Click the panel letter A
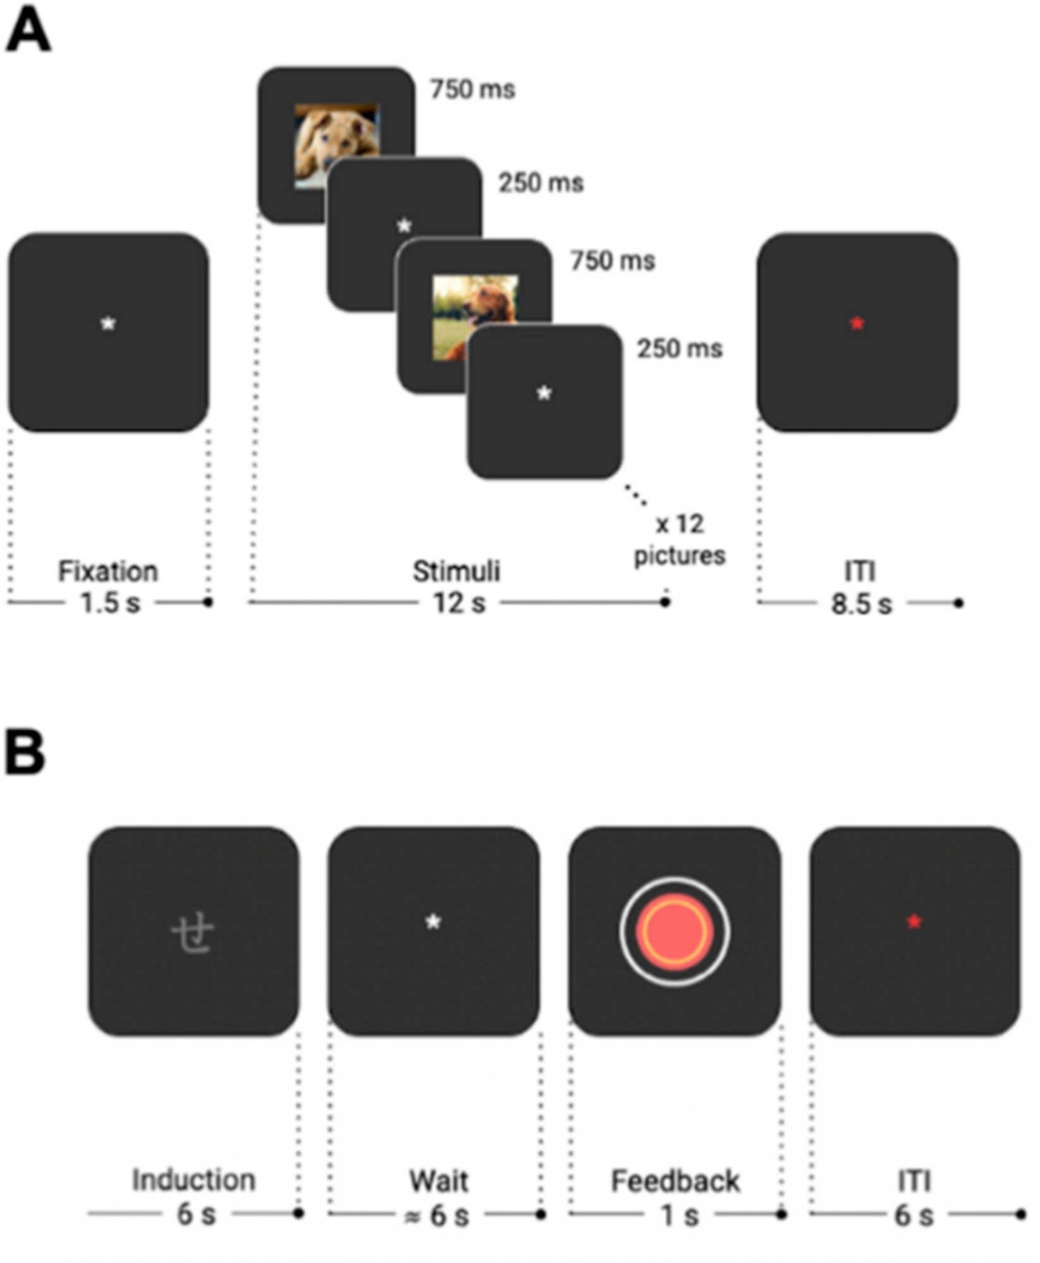tap(28, 33)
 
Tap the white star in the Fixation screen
tap(108, 324)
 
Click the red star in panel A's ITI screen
tap(857, 324)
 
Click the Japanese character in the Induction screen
tap(193, 934)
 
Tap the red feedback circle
tap(675, 931)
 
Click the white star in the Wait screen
tap(433, 922)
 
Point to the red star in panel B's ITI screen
tap(914, 922)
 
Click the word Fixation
tap(108, 572)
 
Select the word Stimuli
tap(456, 572)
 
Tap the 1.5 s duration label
tap(110, 603)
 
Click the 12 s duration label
tap(459, 603)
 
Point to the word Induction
tap(193, 1180)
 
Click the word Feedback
tap(675, 1182)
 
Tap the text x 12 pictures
tap(680, 540)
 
